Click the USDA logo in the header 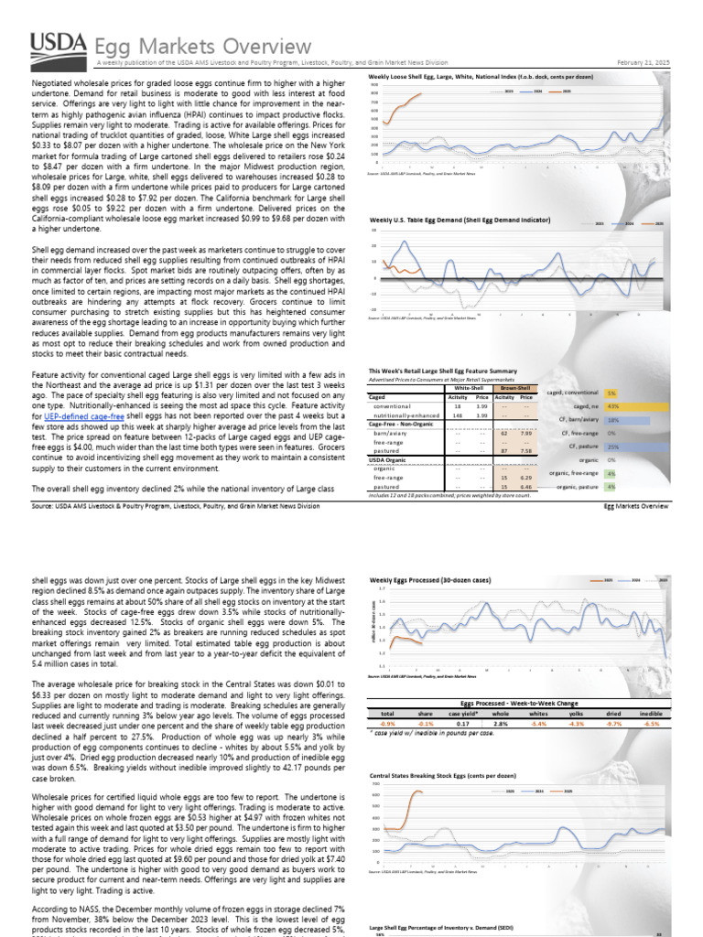click(x=59, y=48)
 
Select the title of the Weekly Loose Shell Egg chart click(x=469, y=77)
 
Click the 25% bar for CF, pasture click(x=616, y=447)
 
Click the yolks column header click(x=578, y=714)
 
